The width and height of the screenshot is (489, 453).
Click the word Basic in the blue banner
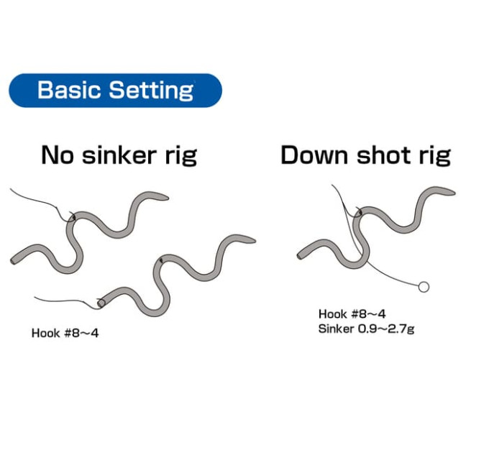click(x=69, y=90)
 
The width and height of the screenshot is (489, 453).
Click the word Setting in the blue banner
click(x=151, y=91)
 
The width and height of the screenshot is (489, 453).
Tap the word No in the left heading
click(x=58, y=155)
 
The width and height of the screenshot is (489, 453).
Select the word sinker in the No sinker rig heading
click(x=119, y=155)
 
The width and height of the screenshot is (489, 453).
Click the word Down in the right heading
click(x=314, y=155)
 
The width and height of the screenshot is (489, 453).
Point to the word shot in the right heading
click(x=383, y=155)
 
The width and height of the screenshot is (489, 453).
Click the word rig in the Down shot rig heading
click(x=435, y=156)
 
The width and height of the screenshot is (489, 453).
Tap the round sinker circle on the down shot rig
click(x=424, y=287)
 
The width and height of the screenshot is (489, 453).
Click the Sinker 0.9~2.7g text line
click(x=366, y=329)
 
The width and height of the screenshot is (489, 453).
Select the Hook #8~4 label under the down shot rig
click(x=352, y=314)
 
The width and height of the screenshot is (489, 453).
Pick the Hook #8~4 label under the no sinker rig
click(x=65, y=333)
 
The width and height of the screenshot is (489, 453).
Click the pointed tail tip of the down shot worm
click(x=455, y=193)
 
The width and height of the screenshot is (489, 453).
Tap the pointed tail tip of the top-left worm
click(x=168, y=197)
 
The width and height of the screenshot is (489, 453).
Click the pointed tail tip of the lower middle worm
click(x=255, y=240)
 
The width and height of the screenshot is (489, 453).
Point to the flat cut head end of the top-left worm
click(x=13, y=260)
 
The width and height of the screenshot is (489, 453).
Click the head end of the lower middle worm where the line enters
click(x=101, y=303)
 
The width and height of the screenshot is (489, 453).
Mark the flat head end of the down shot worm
click(x=300, y=256)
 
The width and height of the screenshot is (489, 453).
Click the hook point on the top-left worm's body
click(x=73, y=216)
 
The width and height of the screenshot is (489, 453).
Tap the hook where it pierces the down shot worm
click(x=360, y=213)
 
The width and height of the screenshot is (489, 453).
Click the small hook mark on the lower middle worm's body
click(x=161, y=260)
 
